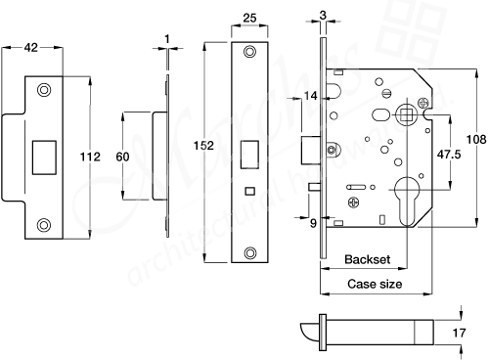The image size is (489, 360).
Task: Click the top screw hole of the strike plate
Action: tap(42, 91)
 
